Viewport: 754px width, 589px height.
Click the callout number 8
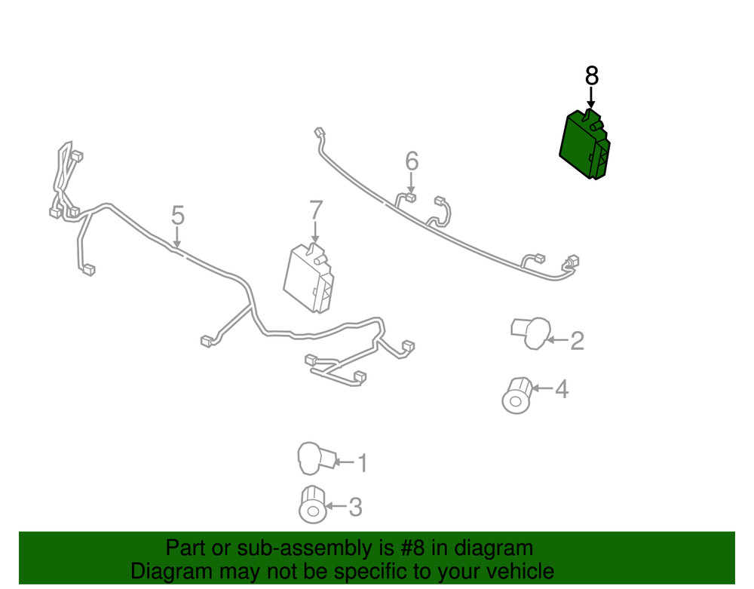coord(592,76)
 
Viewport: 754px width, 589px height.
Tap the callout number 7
coord(315,210)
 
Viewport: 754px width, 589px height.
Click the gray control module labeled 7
coord(309,278)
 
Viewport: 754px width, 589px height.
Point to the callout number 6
coord(412,161)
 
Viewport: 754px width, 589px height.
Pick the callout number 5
coord(178,216)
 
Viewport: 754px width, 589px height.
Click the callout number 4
coord(562,389)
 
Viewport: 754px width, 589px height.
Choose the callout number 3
coord(355,507)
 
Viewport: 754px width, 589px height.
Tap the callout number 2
coord(577,341)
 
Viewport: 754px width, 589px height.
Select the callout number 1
coord(363,463)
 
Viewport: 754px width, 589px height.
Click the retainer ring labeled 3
coord(313,505)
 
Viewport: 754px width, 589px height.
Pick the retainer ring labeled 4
coord(517,395)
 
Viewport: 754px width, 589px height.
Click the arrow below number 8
coord(591,97)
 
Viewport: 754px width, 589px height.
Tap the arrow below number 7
coord(315,232)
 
